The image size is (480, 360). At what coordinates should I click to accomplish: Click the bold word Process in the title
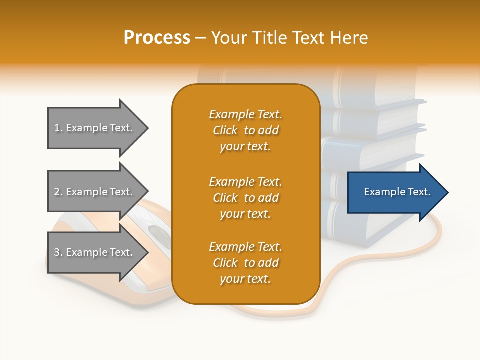pyautogui.click(x=157, y=38)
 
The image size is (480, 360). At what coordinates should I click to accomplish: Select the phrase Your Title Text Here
pyautogui.click(x=290, y=38)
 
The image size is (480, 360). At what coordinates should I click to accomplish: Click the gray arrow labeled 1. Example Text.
pyautogui.click(x=95, y=128)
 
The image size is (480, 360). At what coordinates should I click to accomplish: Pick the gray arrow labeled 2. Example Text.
pyautogui.click(x=95, y=192)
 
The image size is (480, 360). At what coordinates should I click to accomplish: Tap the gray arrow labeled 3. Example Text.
pyautogui.click(x=95, y=252)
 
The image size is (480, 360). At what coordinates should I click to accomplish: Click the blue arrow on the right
pyautogui.click(x=395, y=192)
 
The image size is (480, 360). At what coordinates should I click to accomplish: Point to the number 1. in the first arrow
pyautogui.click(x=58, y=128)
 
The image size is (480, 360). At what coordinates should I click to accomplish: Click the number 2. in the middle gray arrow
pyautogui.click(x=58, y=192)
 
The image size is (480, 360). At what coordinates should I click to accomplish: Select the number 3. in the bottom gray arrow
pyautogui.click(x=58, y=252)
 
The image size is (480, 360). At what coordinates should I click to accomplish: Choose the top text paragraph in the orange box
pyautogui.click(x=245, y=130)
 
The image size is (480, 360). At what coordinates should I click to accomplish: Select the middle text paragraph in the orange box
pyautogui.click(x=245, y=198)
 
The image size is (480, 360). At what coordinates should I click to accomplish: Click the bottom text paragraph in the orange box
pyautogui.click(x=245, y=263)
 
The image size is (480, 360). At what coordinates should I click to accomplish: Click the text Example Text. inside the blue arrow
pyautogui.click(x=397, y=192)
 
